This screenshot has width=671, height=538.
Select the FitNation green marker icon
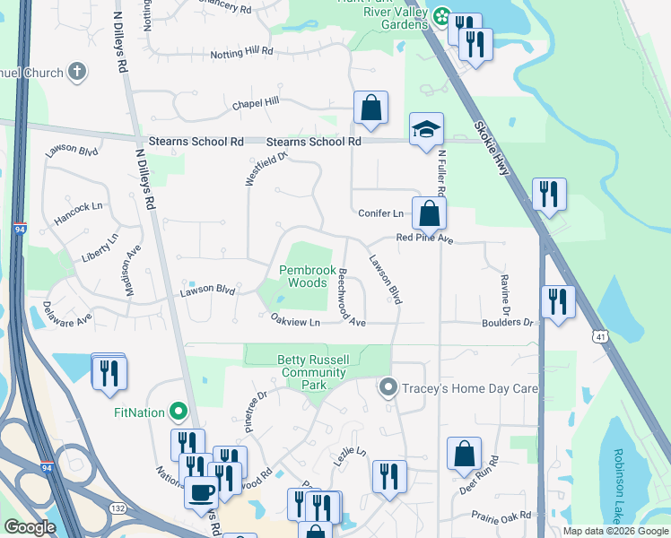coord(178,412)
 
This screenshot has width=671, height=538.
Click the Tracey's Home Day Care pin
coord(388,387)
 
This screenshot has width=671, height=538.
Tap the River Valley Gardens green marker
coord(440,15)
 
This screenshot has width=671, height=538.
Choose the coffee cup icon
coord(200,492)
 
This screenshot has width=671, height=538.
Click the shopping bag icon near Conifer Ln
coord(430,213)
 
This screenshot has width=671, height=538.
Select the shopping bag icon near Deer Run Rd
coord(464,455)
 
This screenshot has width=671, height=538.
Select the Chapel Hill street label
coord(256,104)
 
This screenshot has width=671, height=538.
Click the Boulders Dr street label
coord(507,322)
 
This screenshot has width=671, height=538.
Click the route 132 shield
coord(117,508)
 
